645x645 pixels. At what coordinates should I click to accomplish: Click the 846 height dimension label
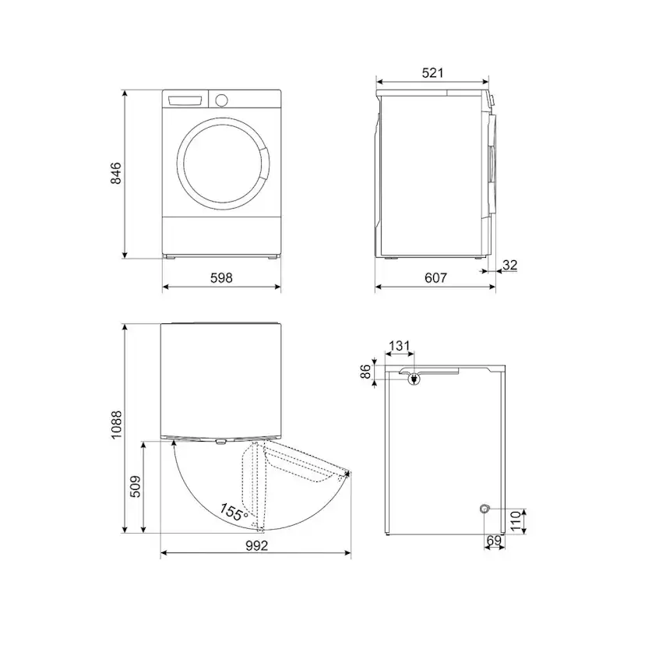point(116,173)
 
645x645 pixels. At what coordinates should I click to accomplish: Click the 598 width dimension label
point(221,278)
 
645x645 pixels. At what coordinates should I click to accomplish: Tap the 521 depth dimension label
point(433,72)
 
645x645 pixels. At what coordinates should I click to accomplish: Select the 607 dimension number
point(435,278)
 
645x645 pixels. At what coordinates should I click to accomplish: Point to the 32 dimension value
point(509,265)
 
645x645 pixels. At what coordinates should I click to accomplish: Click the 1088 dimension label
point(116,425)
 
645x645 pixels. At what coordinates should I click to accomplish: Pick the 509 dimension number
point(135,487)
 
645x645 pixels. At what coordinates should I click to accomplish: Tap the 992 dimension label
point(257,545)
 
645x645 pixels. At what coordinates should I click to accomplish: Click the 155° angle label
point(233,513)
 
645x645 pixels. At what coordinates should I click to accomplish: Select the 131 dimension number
point(400,346)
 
